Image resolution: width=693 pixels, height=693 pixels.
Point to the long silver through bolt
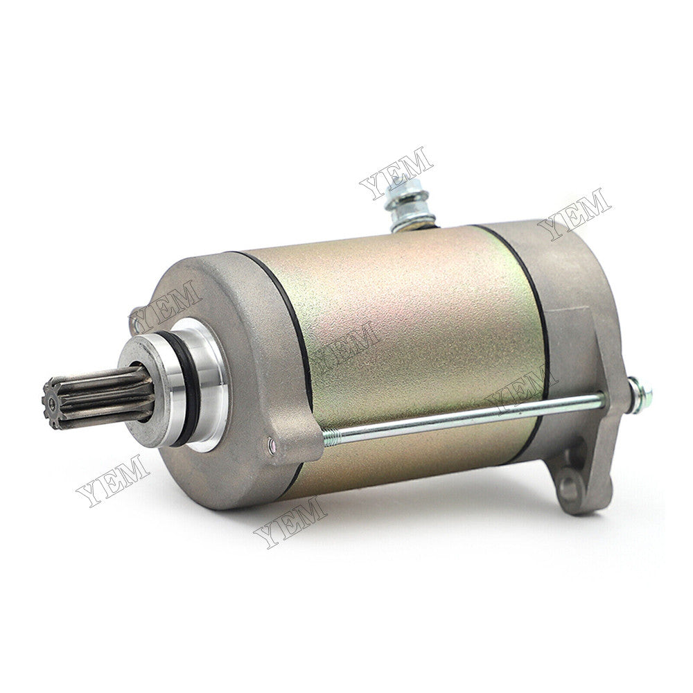pyautogui.click(x=471, y=417)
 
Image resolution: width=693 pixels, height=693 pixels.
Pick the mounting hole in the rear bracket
pyautogui.click(x=568, y=485)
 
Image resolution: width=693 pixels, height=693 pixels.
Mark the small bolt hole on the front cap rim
pyautogui.click(x=272, y=444)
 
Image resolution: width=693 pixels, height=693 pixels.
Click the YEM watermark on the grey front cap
pyautogui.click(x=166, y=305)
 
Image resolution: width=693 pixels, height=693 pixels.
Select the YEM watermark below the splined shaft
pyautogui.click(x=112, y=480)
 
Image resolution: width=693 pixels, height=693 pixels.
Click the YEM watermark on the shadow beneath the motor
pyautogui.click(x=290, y=522)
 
